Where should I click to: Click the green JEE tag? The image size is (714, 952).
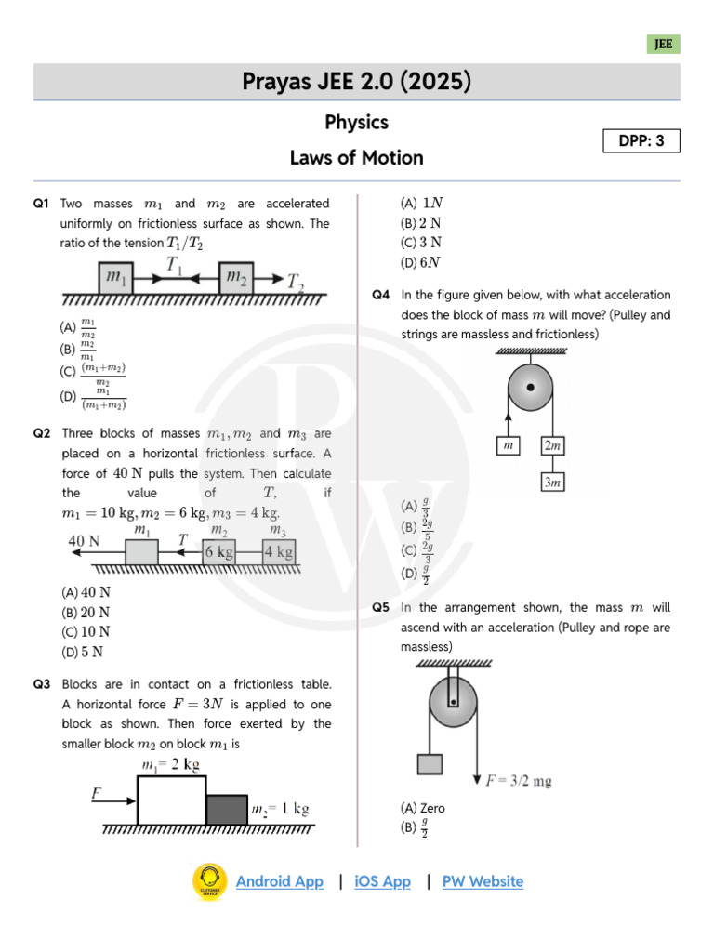point(664,44)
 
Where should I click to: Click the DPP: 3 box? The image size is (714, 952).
point(642,141)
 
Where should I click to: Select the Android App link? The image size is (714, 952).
point(279,881)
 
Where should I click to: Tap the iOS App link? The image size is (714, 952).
point(382,881)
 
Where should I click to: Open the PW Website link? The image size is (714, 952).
point(483,881)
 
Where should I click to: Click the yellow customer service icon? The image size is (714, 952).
point(209,881)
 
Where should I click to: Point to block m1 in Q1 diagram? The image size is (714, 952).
point(117,277)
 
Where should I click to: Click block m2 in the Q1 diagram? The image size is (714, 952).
point(237,277)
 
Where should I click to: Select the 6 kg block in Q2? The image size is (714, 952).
point(218,552)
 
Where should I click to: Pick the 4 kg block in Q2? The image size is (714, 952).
point(278,552)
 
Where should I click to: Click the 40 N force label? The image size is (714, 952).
point(85,540)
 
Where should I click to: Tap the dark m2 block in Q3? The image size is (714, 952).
point(227,809)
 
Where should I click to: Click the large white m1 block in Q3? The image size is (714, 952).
point(171,800)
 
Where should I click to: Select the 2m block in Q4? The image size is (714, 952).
point(552,446)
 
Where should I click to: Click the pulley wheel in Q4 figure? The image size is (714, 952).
point(530,386)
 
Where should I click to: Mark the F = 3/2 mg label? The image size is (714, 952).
point(519,781)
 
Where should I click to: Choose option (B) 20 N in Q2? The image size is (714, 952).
point(86,612)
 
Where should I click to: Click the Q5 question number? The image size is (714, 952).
point(380,607)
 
